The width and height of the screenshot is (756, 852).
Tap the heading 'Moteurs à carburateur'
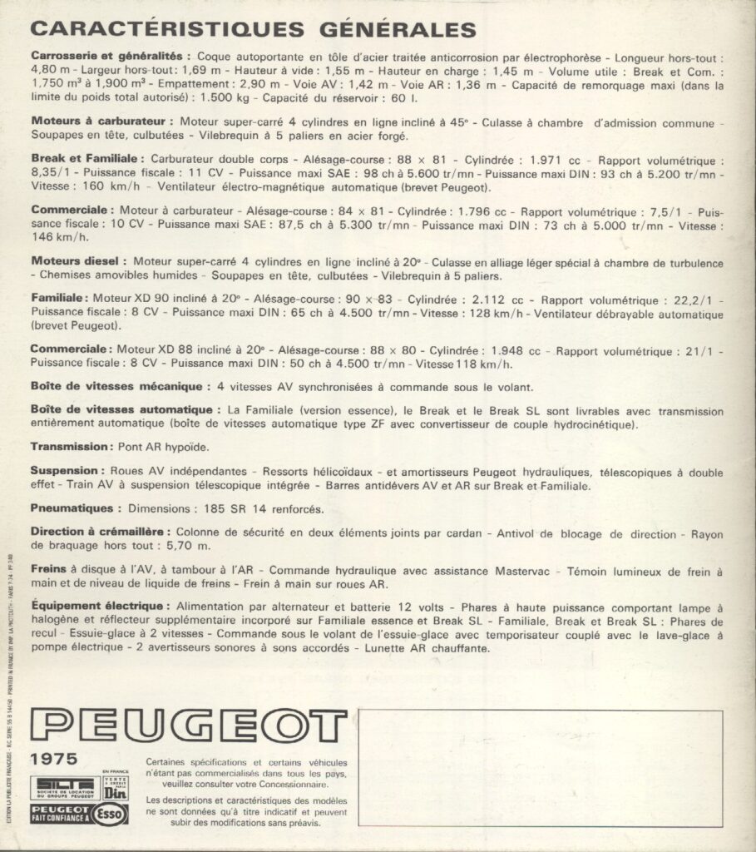(x=101, y=121)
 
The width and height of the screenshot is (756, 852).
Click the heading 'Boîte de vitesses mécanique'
(x=116, y=387)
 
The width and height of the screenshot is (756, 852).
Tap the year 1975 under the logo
(x=53, y=758)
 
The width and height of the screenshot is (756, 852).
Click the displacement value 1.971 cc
(x=539, y=159)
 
